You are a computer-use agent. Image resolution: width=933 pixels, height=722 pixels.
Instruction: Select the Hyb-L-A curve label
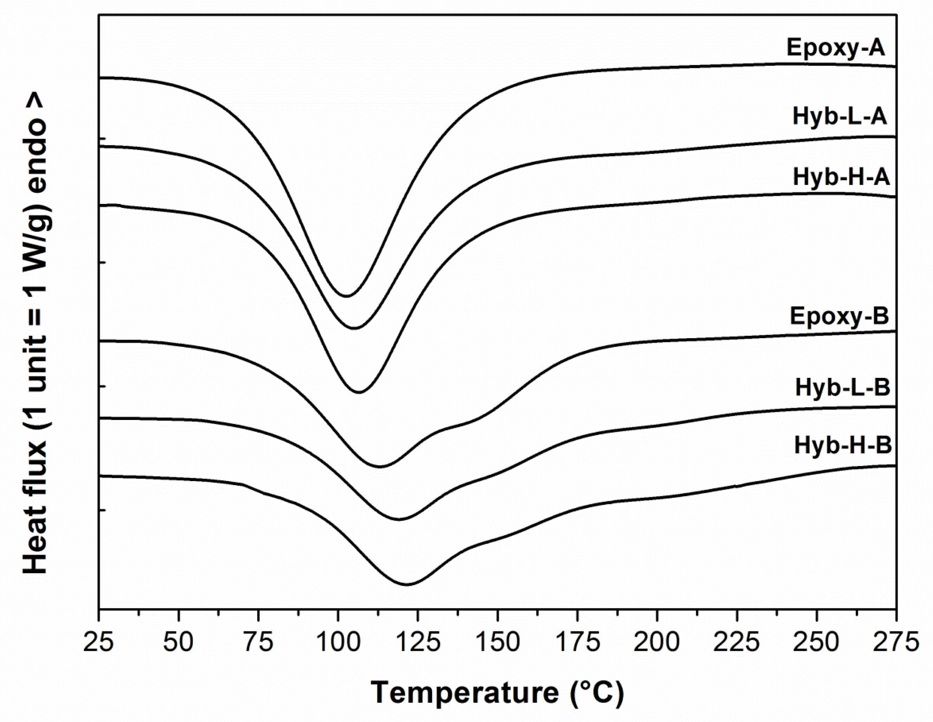(x=840, y=117)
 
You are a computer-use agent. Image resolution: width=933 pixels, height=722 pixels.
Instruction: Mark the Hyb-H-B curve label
(x=843, y=445)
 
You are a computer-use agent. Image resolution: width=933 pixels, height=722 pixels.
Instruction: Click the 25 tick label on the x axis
(x=99, y=642)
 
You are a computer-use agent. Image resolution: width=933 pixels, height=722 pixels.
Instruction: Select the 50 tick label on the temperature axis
(x=178, y=642)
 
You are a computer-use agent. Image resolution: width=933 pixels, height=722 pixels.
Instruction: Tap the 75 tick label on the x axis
(x=258, y=642)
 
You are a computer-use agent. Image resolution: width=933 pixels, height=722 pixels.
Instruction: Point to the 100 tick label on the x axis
(x=338, y=642)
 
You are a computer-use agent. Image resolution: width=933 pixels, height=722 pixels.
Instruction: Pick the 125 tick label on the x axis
(x=417, y=642)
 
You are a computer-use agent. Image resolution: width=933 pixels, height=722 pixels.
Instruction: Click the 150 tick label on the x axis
(x=497, y=642)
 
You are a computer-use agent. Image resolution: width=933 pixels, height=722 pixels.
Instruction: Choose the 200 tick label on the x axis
(x=657, y=642)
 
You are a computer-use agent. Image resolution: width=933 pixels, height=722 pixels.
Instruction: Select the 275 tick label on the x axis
(x=895, y=642)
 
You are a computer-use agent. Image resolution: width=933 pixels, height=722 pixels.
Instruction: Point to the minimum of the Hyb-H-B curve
(x=406, y=584)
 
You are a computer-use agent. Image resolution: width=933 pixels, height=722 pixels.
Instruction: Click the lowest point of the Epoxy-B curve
(x=380, y=467)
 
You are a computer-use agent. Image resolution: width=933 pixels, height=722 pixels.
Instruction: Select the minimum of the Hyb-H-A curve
(x=359, y=392)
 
